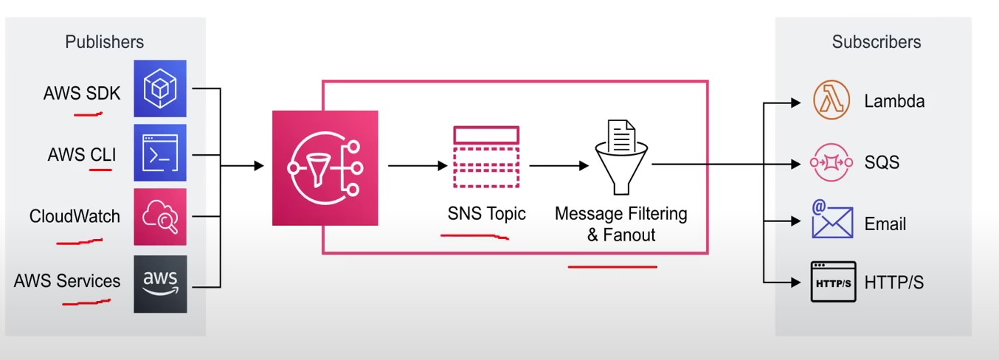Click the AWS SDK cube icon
point(159,89)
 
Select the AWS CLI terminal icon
point(159,153)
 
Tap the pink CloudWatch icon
point(159,217)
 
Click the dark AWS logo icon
point(159,283)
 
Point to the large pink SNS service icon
point(325,167)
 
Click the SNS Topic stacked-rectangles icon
point(486,158)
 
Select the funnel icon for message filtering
point(621,155)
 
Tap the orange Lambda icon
point(831,101)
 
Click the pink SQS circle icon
point(831,162)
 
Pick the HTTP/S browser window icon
point(833,282)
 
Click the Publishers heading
point(105,42)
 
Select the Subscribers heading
point(877,42)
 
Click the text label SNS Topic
point(486,214)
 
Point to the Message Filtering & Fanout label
point(621,224)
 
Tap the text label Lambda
point(894,101)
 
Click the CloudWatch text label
point(75,217)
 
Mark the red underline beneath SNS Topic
point(474,236)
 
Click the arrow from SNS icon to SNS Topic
point(418,166)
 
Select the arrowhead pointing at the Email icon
point(795,221)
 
